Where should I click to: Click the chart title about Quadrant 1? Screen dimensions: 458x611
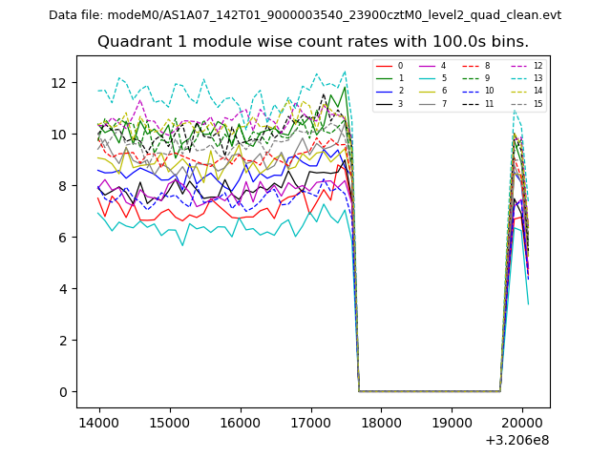pyautogui.click(x=312, y=42)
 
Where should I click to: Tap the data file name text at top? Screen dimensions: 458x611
pyautogui.click(x=305, y=15)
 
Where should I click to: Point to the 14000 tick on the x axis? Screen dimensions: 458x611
pyautogui.click(x=98, y=421)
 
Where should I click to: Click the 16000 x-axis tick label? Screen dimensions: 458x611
pyautogui.click(x=240, y=421)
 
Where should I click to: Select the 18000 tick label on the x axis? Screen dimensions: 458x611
pyautogui.click(x=380, y=421)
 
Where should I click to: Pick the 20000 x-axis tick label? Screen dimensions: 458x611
pyautogui.click(x=521, y=421)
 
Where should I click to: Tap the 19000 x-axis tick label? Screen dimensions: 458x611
pyautogui.click(x=451, y=421)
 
